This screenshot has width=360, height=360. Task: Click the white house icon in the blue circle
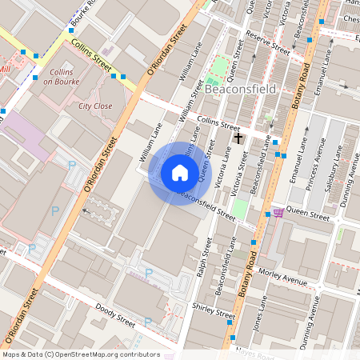(x=180, y=173)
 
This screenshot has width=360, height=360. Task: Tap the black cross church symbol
(x=238, y=138)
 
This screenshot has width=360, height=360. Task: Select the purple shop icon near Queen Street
(x=278, y=213)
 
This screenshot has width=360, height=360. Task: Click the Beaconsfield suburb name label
(x=240, y=90)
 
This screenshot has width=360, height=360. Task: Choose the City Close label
(x=95, y=105)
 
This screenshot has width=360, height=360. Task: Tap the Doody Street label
(x=115, y=316)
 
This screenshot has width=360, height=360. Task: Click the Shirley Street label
(x=210, y=310)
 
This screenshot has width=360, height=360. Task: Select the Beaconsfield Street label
(x=206, y=198)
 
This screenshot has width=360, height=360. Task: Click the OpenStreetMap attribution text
(x=80, y=354)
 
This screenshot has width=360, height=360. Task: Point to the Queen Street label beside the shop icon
(x=308, y=214)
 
